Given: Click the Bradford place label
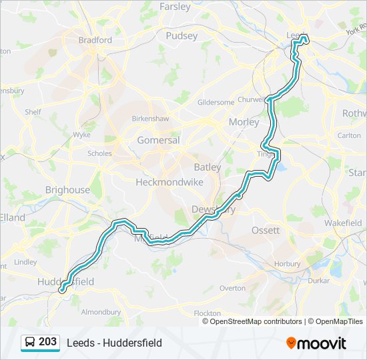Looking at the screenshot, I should click(95, 40).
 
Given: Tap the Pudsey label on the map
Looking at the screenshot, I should click(182, 35).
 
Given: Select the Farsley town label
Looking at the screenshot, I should click(175, 7).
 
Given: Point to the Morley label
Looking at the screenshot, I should click(243, 122).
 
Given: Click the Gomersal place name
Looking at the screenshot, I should click(158, 141).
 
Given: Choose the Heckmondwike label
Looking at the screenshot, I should click(169, 181).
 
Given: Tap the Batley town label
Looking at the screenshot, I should click(207, 167).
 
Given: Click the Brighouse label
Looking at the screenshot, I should click(67, 190).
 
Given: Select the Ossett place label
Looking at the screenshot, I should click(266, 230).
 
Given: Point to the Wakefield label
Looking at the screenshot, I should click(343, 223).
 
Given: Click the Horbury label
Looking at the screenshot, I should click(287, 263).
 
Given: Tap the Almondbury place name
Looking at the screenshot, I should click(101, 311).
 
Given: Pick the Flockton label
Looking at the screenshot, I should click(207, 313).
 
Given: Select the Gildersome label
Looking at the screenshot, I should click(216, 102).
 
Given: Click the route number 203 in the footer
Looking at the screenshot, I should click(47, 342).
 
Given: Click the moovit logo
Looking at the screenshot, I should click(316, 343).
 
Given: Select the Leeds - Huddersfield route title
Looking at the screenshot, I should click(114, 343).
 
